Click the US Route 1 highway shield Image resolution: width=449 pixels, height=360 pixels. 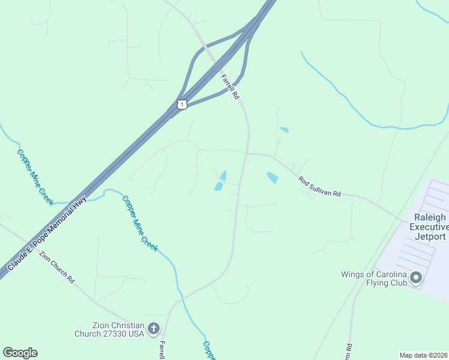click(x=182, y=104)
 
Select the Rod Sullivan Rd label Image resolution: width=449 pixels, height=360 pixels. click(x=319, y=186)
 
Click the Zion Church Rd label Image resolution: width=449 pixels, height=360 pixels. click(x=56, y=267)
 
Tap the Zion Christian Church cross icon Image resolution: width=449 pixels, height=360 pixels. click(x=154, y=328)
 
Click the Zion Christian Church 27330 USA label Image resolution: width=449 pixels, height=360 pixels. click(x=110, y=329)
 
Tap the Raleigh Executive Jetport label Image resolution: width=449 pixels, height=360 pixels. click(x=429, y=226)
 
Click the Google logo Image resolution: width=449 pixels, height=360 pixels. click(x=20, y=353)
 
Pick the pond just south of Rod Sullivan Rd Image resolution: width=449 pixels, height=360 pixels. click(x=273, y=178)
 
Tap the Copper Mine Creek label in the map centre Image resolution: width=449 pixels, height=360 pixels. click(x=140, y=223)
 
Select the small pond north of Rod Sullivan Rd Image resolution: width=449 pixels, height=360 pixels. click(x=284, y=129)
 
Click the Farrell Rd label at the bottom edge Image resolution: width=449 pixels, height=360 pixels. click(x=162, y=350)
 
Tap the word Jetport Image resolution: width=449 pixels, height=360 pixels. click(x=429, y=236)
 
